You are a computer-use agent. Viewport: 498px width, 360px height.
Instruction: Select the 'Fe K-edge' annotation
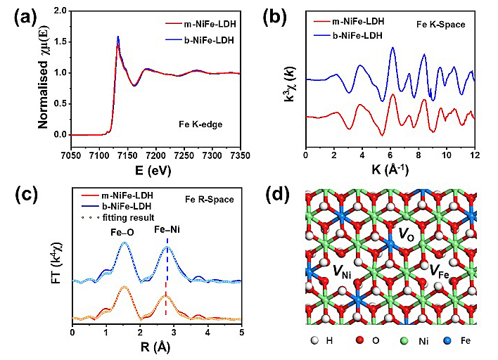tap(199, 123)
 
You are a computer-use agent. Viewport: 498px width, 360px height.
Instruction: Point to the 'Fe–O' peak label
tap(121, 231)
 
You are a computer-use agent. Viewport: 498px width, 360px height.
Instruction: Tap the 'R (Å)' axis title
tap(157, 347)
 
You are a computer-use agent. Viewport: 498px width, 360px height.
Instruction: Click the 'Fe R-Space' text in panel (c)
tap(210, 201)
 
